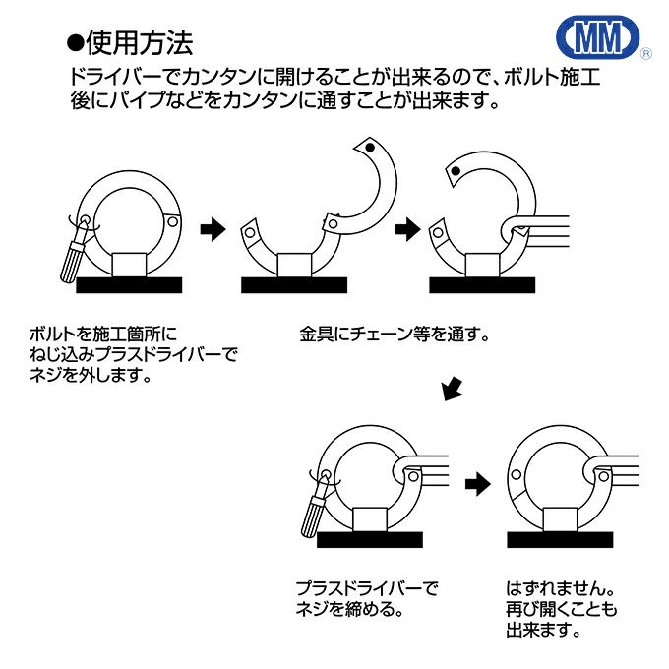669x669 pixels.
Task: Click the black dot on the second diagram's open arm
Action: (369, 148)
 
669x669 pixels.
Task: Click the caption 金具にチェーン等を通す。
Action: (395, 334)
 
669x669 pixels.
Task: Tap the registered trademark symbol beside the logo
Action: (644, 55)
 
